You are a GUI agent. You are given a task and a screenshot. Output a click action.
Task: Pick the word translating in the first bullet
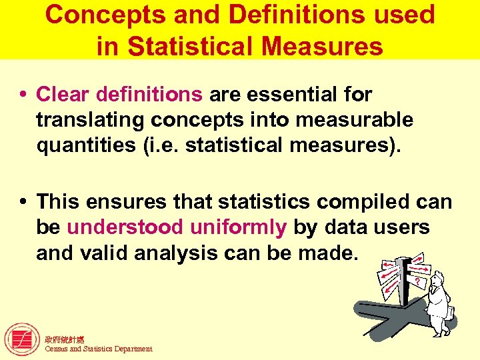(90, 120)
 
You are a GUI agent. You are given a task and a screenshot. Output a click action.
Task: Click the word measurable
(359, 120)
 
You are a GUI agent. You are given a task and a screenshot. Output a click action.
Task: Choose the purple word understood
(125, 227)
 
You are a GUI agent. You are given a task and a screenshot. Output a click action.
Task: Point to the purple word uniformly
(238, 227)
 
